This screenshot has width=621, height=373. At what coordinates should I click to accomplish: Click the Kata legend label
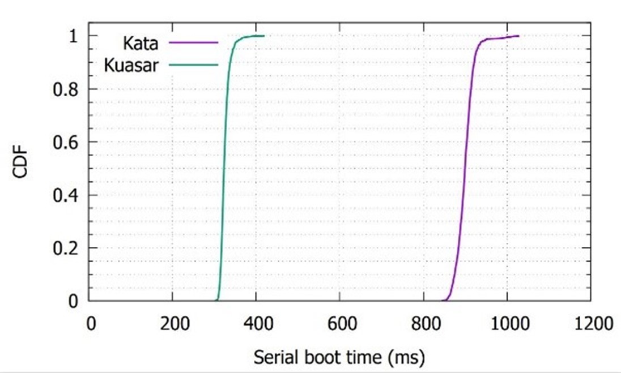click(x=140, y=43)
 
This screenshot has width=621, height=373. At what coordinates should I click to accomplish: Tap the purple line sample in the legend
click(x=198, y=42)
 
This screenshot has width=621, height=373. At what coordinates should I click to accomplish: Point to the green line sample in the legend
click(x=198, y=65)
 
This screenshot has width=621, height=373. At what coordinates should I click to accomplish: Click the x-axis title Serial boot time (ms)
click(x=339, y=357)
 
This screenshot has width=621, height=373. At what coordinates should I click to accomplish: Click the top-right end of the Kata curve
click(x=518, y=36)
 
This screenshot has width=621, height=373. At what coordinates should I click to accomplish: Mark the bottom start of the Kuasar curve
click(x=217, y=300)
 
